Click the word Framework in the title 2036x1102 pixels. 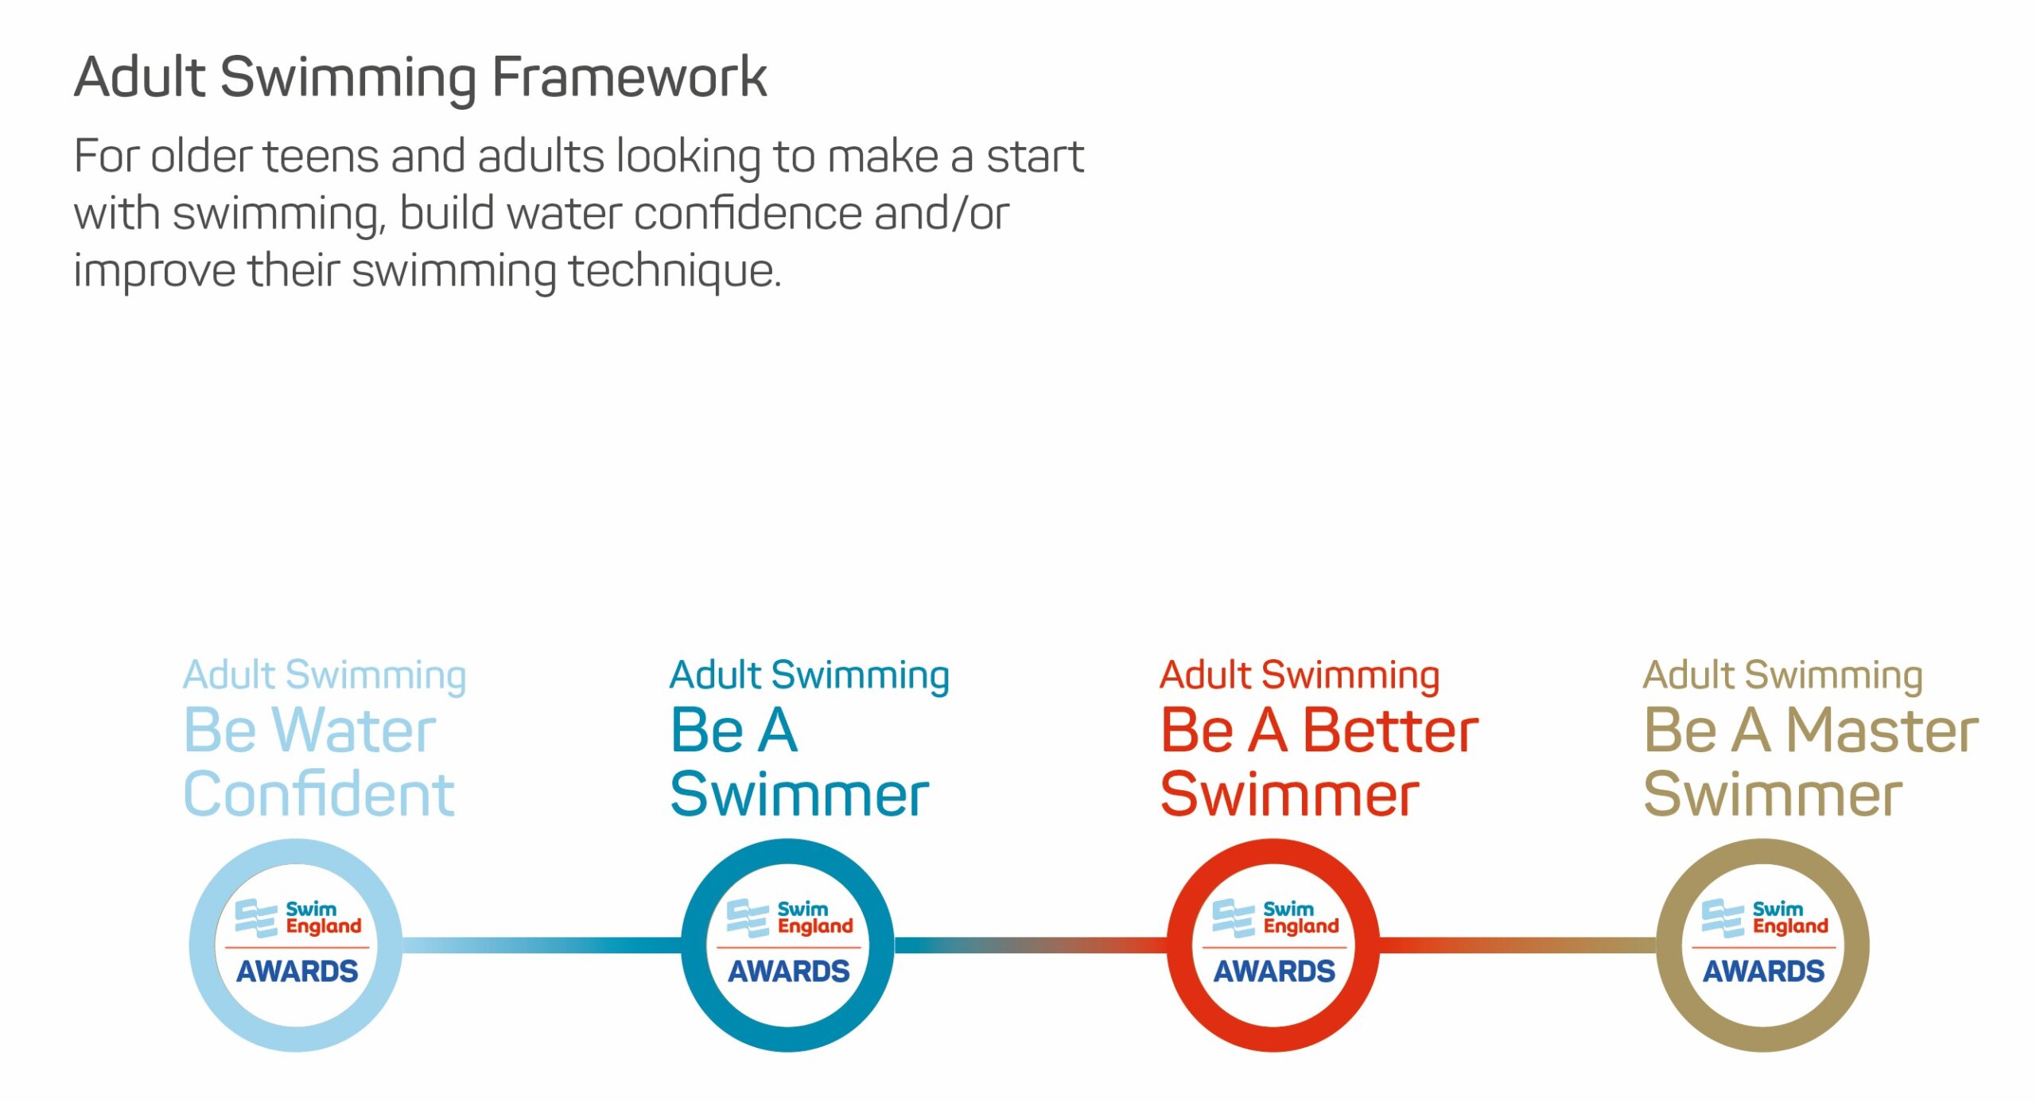click(x=629, y=77)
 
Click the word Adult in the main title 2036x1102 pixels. click(x=140, y=77)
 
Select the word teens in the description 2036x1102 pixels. click(x=321, y=156)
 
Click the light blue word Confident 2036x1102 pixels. click(x=319, y=794)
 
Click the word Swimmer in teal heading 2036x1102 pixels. click(x=800, y=794)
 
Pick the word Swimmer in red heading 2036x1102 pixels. click(x=1290, y=794)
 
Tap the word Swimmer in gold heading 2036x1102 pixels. click(x=1774, y=794)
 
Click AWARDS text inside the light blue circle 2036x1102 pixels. click(x=297, y=972)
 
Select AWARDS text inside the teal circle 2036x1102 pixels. click(x=789, y=972)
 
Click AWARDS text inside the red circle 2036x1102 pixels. click(x=1274, y=972)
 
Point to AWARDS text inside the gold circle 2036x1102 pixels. click(x=1764, y=972)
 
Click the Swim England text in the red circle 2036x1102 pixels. click(x=1301, y=918)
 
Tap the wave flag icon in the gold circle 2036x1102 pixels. click(x=1723, y=918)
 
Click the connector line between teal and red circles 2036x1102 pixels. click(x=1031, y=945)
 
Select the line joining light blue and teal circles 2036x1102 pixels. click(x=542, y=945)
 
